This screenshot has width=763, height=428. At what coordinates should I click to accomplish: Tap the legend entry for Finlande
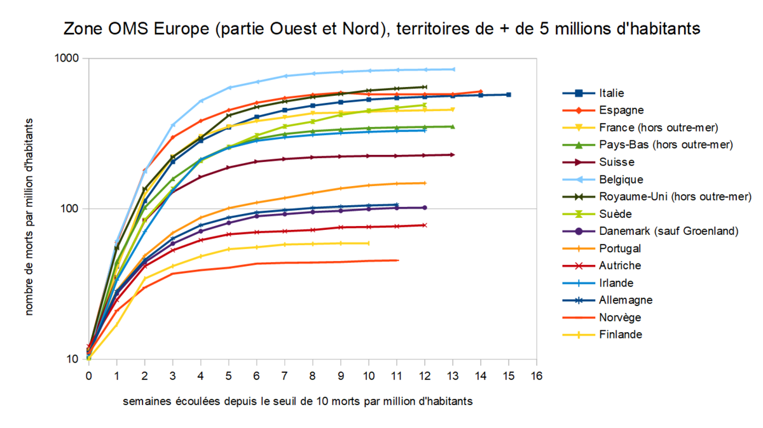(x=621, y=335)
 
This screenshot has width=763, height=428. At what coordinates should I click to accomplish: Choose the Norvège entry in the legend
(x=620, y=318)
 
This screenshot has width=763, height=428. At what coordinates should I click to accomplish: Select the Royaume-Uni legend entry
(x=675, y=197)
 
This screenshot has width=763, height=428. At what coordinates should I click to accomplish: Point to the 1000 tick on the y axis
(x=67, y=58)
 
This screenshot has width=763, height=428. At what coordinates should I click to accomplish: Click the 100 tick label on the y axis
(x=70, y=209)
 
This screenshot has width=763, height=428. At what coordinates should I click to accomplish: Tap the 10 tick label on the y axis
(x=72, y=359)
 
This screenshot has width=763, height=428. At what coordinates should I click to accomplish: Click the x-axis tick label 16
(x=536, y=375)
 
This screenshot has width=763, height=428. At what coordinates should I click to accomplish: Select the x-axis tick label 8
(x=313, y=375)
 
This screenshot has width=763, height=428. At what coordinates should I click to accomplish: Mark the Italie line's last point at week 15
(x=509, y=95)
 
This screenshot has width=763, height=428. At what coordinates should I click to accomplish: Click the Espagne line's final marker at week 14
(x=481, y=91)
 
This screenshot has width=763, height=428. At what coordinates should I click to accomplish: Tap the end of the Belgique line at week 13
(x=453, y=69)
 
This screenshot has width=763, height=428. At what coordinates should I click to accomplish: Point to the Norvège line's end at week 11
(x=397, y=260)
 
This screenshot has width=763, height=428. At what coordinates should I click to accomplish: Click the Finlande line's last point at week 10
(x=369, y=243)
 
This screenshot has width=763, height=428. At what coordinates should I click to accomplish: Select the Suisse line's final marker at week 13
(x=452, y=154)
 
